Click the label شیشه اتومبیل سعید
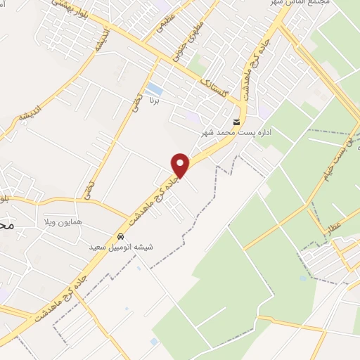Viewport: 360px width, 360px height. [122, 247]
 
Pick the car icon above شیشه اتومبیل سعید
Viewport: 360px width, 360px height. [121, 236]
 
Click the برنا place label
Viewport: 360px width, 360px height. [154, 101]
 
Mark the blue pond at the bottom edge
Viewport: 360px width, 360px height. [154, 342]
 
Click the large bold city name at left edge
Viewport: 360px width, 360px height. [6, 226]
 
